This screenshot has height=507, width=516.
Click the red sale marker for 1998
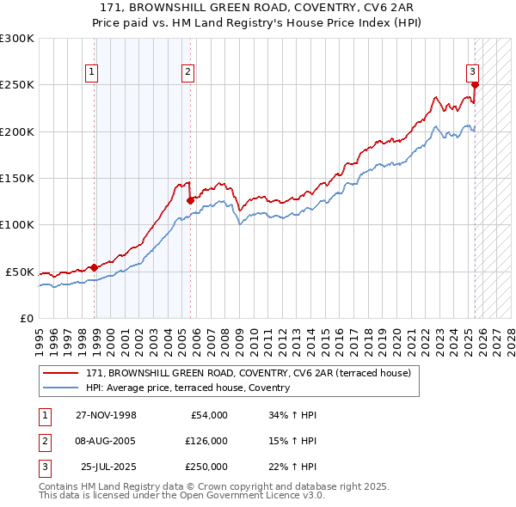coord(94,267)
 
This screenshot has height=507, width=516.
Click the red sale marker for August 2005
coord(190,200)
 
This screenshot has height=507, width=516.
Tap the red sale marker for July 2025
coord(475,84)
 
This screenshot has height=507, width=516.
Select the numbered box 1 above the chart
coord(91,73)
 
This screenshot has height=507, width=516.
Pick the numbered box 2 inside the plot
coord(187,73)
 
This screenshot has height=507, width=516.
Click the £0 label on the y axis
coord(26,318)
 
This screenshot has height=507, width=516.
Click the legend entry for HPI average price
coord(187,388)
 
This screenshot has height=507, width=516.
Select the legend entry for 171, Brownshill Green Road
coord(249,373)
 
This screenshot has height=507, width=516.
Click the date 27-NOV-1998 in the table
coord(106,415)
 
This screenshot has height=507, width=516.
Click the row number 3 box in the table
coord(44,467)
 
